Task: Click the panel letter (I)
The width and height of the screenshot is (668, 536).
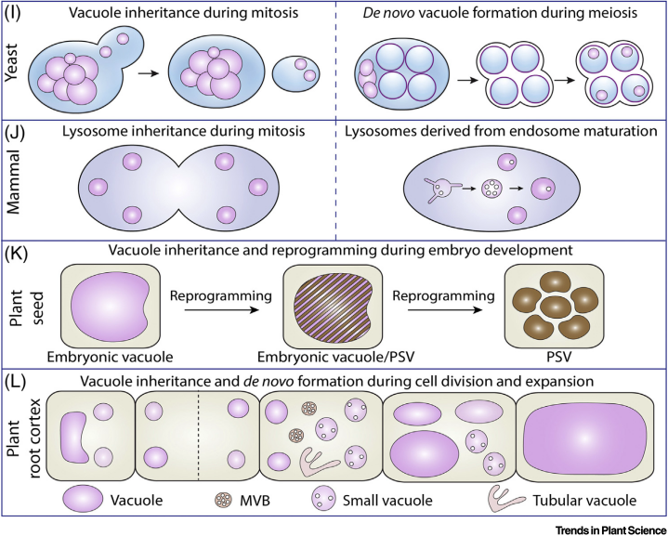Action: pos(12,11)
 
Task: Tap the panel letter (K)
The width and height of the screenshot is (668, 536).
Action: pos(16,253)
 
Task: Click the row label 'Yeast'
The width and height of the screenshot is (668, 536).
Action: pos(12,62)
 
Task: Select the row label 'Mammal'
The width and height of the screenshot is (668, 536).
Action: pos(13,181)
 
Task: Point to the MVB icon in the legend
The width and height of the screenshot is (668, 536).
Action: pos(224,500)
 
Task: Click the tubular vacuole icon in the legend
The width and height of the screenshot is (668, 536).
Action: pos(505,499)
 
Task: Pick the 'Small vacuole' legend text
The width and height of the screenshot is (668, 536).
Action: pos(387,500)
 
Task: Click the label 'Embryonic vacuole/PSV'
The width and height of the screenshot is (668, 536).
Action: pos(335,356)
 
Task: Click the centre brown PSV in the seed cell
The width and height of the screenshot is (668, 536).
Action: pos(555,307)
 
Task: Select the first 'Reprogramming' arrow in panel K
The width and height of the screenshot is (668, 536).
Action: pos(221,309)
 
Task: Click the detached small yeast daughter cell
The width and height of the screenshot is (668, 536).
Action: pos(296,73)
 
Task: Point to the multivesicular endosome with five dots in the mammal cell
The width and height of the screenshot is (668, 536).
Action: pos(491,188)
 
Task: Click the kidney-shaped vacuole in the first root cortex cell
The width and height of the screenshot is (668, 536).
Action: pos(76,438)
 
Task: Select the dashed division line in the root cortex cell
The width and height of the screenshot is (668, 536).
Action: pos(199,437)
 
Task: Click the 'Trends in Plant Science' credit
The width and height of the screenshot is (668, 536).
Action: pos(611,530)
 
